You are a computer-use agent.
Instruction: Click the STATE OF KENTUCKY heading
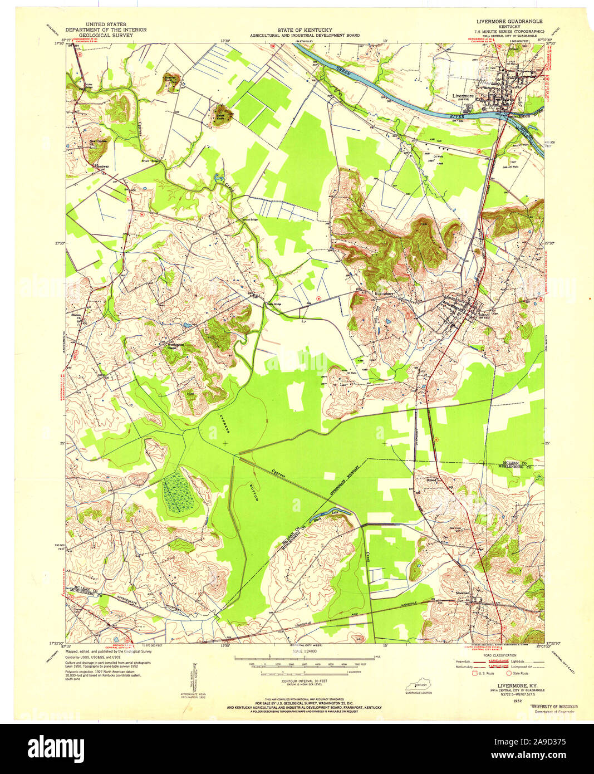(x=305, y=30)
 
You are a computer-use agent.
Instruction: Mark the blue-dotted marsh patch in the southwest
(x=178, y=491)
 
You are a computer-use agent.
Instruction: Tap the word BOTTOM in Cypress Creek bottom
(x=254, y=491)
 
